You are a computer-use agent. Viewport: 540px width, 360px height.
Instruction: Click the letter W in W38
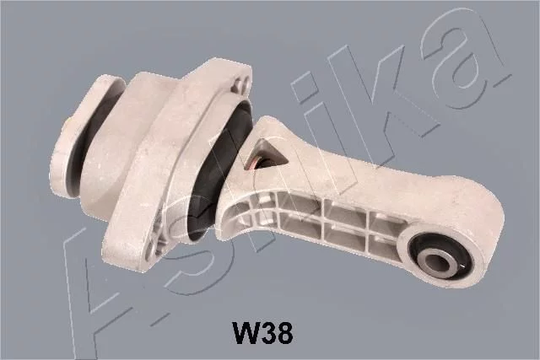246,332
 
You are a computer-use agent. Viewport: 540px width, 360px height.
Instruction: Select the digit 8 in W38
285,332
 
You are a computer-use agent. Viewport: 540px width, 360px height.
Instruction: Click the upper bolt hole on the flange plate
243,84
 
